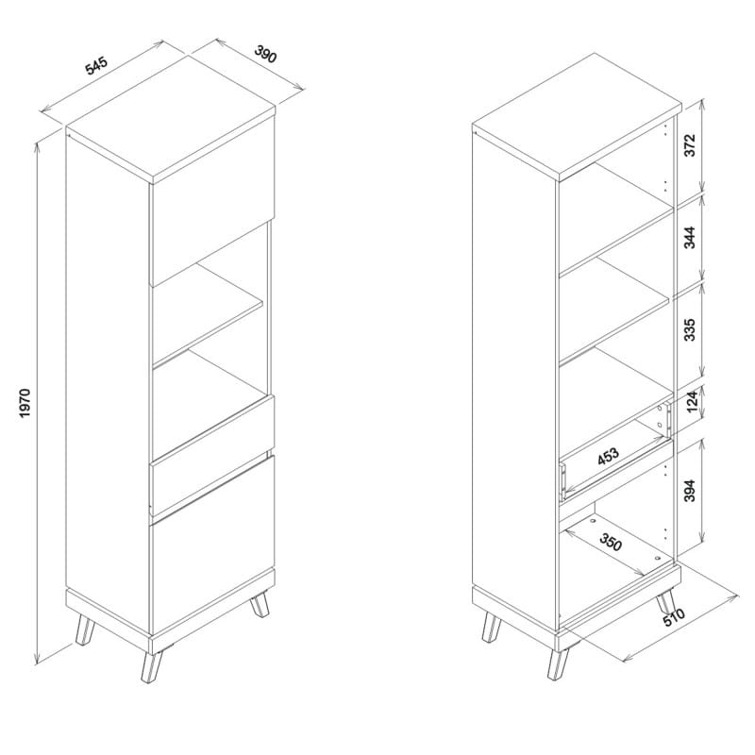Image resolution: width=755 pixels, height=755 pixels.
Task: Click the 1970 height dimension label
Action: coord(25,403)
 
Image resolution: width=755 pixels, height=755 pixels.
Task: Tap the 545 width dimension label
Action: coord(96,66)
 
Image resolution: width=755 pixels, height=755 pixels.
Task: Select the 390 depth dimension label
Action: coord(265,54)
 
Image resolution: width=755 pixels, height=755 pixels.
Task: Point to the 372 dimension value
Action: coord(690,145)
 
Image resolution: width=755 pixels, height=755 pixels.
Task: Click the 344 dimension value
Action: coord(690,238)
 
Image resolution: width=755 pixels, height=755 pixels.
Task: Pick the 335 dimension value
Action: coord(690,329)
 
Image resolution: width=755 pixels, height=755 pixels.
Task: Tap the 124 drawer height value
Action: coord(692,400)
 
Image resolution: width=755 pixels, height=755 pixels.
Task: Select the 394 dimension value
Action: coord(690,490)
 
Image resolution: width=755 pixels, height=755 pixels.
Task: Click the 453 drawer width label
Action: coord(608,457)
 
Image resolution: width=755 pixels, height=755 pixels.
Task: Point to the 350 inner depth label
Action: coord(611,543)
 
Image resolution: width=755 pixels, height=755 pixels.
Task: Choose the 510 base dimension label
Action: coord(674,617)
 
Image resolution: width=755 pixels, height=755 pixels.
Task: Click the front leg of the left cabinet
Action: coord(152,667)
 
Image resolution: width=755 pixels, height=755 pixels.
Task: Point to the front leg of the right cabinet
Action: coord(559,664)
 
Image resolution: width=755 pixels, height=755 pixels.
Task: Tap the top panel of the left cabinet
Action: coord(171,119)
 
